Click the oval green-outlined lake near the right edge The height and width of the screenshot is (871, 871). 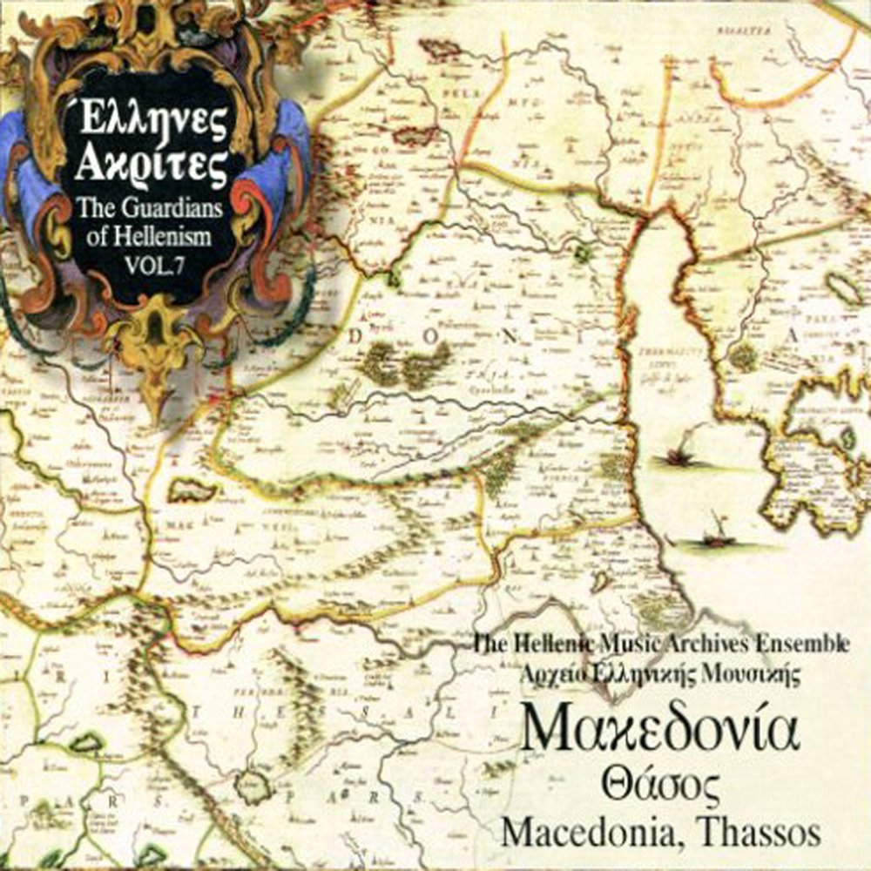[x=844, y=288]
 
